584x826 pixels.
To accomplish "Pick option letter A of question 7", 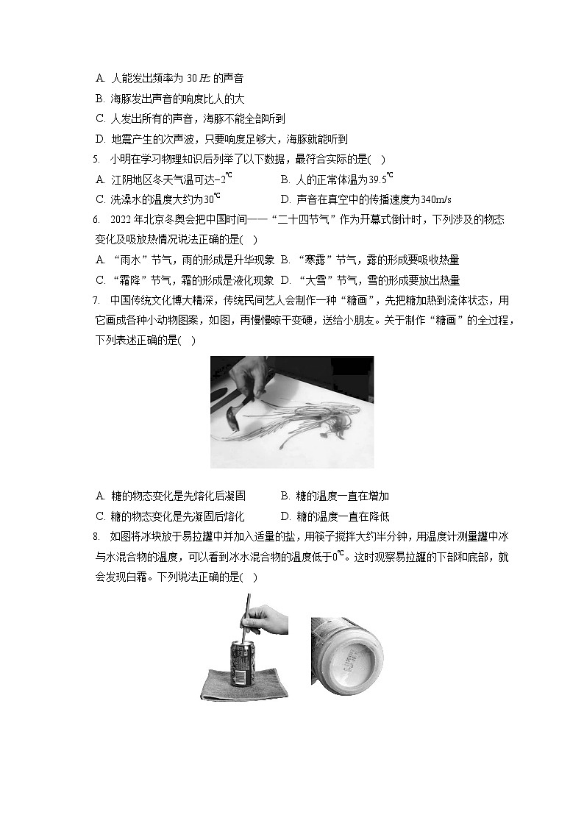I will pyautogui.click(x=100, y=496).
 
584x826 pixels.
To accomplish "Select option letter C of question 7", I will pyautogui.click(x=100, y=516).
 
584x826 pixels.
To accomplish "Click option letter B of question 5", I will pyautogui.click(x=285, y=179).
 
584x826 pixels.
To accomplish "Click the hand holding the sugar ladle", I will pyautogui.click(x=246, y=379).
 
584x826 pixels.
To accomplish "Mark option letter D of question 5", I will pyautogui.click(x=285, y=199).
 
